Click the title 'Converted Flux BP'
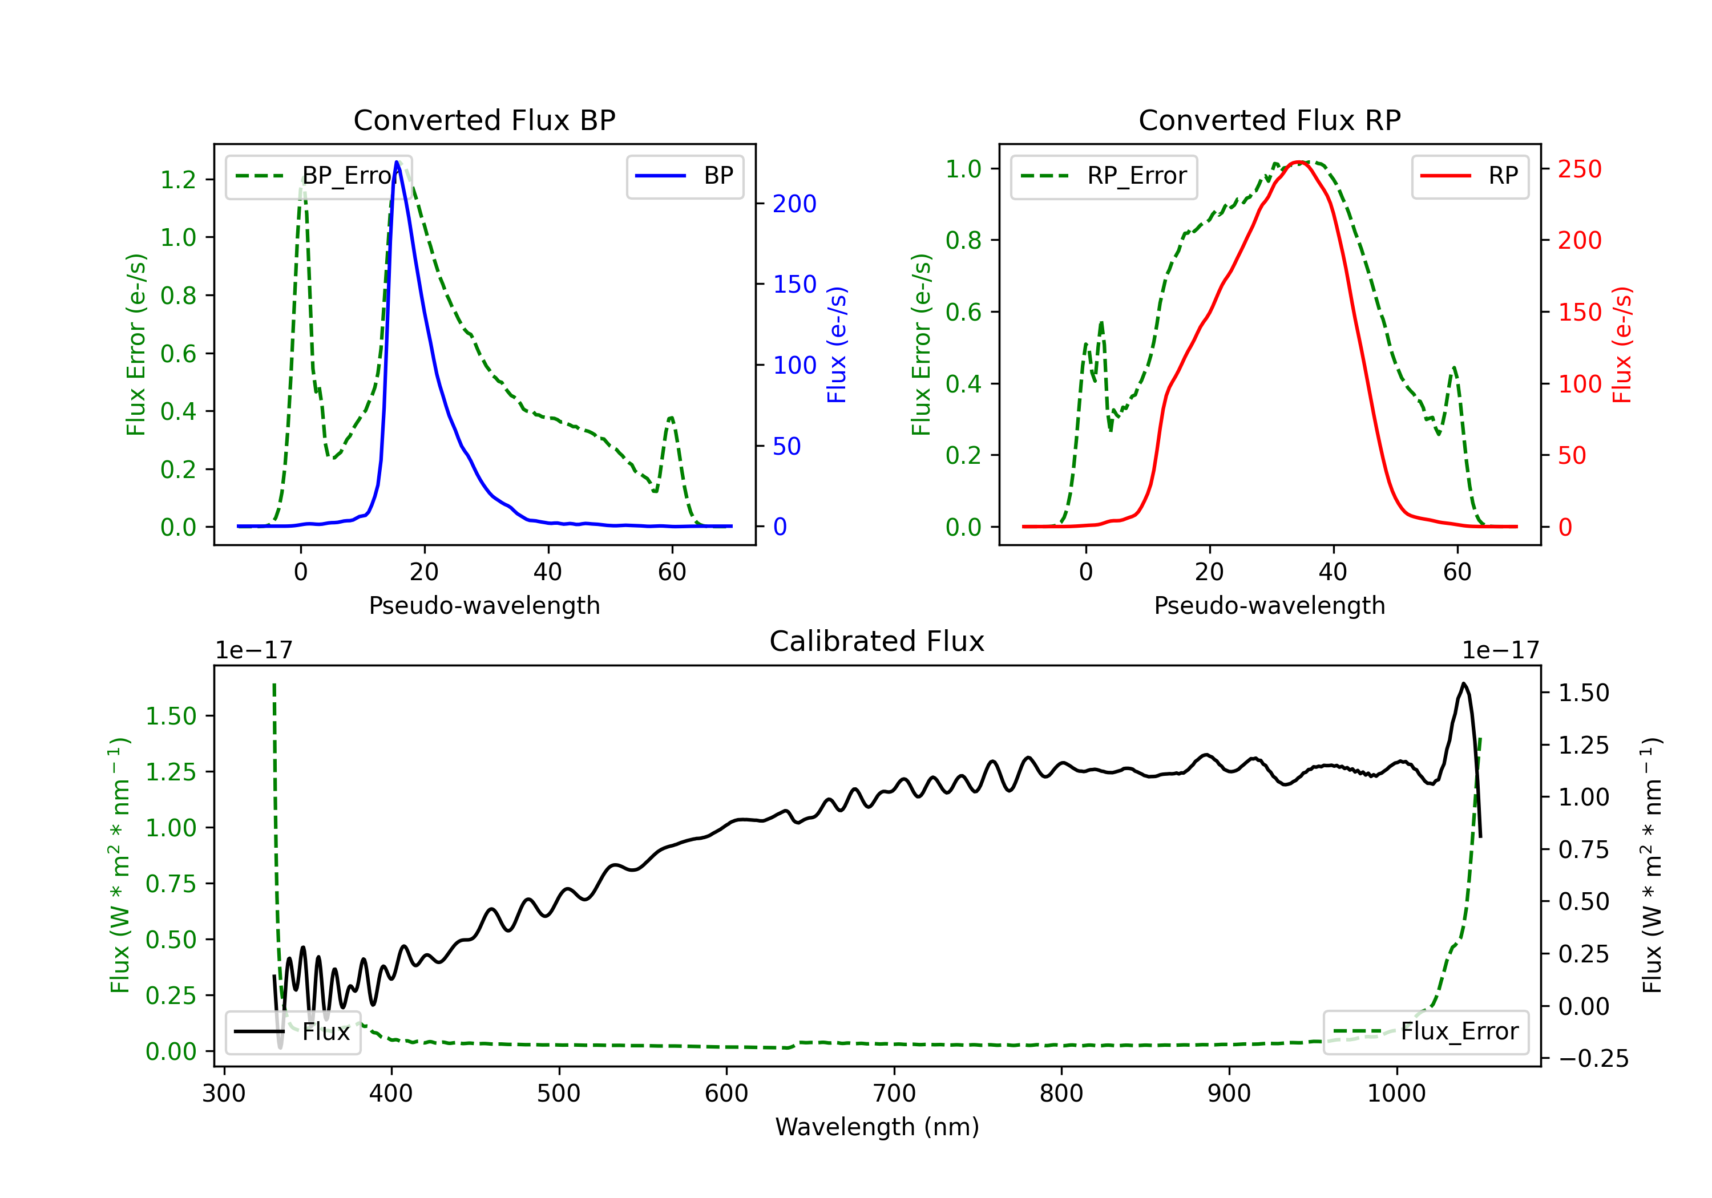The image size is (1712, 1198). pyautogui.click(x=484, y=120)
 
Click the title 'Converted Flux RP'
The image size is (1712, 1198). pyautogui.click(x=1269, y=120)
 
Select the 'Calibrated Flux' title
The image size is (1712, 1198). pyautogui.click(x=877, y=641)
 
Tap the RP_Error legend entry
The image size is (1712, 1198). pyautogui.click(x=1104, y=176)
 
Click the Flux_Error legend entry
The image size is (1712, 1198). pyautogui.click(x=1426, y=1032)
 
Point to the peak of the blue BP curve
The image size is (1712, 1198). pyautogui.click(x=397, y=162)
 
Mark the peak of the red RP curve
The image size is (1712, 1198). pyautogui.click(x=1298, y=162)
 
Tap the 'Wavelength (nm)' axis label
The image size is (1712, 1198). pyautogui.click(x=877, y=1127)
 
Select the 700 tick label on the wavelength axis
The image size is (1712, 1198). pyautogui.click(x=894, y=1093)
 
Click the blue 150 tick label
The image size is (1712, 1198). pyautogui.click(x=794, y=284)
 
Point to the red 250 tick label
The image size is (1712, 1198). pyautogui.click(x=1579, y=169)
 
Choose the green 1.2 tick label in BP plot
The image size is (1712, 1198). pyautogui.click(x=178, y=180)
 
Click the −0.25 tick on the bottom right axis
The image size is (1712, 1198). pyautogui.click(x=1593, y=1059)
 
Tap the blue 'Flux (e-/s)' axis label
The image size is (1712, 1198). pyautogui.click(x=837, y=345)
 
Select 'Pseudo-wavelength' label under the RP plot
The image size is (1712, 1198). pyautogui.click(x=1269, y=605)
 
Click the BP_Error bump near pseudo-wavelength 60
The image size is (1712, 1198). pyautogui.click(x=671, y=418)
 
